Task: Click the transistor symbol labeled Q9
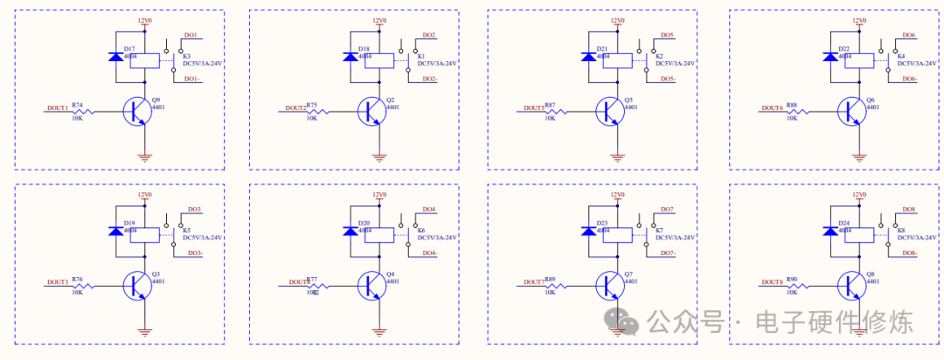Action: coord(138,112)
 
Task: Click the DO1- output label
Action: coord(192,80)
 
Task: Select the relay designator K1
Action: coord(420,55)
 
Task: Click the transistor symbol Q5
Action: coord(609,112)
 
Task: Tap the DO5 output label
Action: coord(667,35)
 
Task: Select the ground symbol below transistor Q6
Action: coord(860,157)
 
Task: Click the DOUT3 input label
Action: coord(58,282)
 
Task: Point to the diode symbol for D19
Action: coord(115,232)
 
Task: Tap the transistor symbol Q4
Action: coord(371,285)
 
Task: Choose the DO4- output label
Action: coord(430,253)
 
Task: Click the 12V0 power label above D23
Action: coord(617,195)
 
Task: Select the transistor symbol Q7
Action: coord(609,285)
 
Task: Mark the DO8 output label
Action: coord(908,210)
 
